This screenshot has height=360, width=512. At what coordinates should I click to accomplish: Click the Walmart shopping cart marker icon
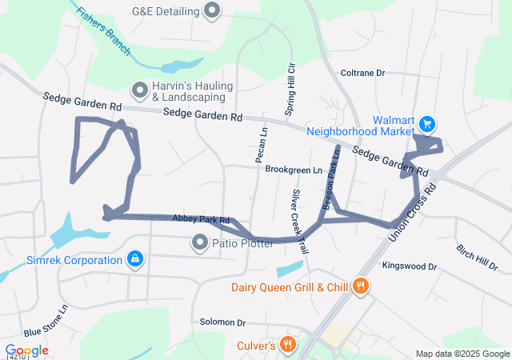click(427, 124)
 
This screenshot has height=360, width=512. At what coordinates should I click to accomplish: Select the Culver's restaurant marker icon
click(287, 345)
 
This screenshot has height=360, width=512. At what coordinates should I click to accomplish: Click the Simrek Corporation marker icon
click(135, 259)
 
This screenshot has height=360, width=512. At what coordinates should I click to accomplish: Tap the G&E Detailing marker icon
click(212, 11)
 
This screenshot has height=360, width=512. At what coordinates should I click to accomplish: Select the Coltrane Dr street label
click(363, 73)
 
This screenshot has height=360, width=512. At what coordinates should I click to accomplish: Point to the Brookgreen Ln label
click(294, 170)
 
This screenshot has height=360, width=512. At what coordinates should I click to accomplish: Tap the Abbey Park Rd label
click(201, 219)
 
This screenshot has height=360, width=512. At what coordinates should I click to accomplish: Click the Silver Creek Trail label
click(299, 222)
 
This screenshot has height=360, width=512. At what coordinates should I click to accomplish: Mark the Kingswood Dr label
click(410, 266)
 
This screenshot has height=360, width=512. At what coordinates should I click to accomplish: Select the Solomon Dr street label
click(223, 322)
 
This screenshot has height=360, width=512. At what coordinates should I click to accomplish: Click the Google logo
click(27, 350)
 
